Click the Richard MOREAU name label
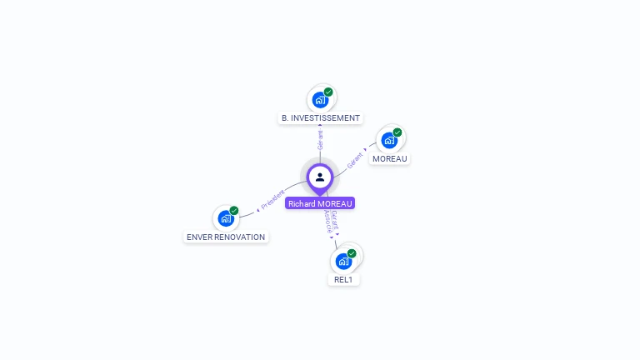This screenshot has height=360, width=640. pyautogui.click(x=320, y=203)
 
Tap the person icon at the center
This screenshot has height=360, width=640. pyautogui.click(x=320, y=177)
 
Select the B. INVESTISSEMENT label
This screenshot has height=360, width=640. pyautogui.click(x=321, y=118)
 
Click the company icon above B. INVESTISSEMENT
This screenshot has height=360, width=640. pyautogui.click(x=320, y=100)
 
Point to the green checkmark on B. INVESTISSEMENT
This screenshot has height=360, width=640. pyautogui.click(x=328, y=92)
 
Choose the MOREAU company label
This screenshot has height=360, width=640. pyautogui.click(x=390, y=158)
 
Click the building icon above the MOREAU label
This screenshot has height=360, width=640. pyautogui.click(x=389, y=140)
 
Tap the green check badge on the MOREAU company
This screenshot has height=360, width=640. pyautogui.click(x=397, y=132)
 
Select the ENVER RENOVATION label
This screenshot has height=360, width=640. pyautogui.click(x=226, y=237)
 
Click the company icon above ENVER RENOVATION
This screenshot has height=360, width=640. pyautogui.click(x=225, y=218)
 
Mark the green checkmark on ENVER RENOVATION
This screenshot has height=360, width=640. pyautogui.click(x=234, y=211)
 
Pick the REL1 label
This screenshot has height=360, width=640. pyautogui.click(x=343, y=280)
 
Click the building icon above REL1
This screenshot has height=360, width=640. pyautogui.click(x=342, y=261)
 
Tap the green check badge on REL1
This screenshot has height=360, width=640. pyautogui.click(x=352, y=253)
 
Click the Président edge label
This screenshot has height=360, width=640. pyautogui.click(x=272, y=201)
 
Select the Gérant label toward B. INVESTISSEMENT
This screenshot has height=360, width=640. pyautogui.click(x=320, y=139)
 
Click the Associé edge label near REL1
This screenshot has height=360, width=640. pyautogui.click(x=327, y=224)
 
